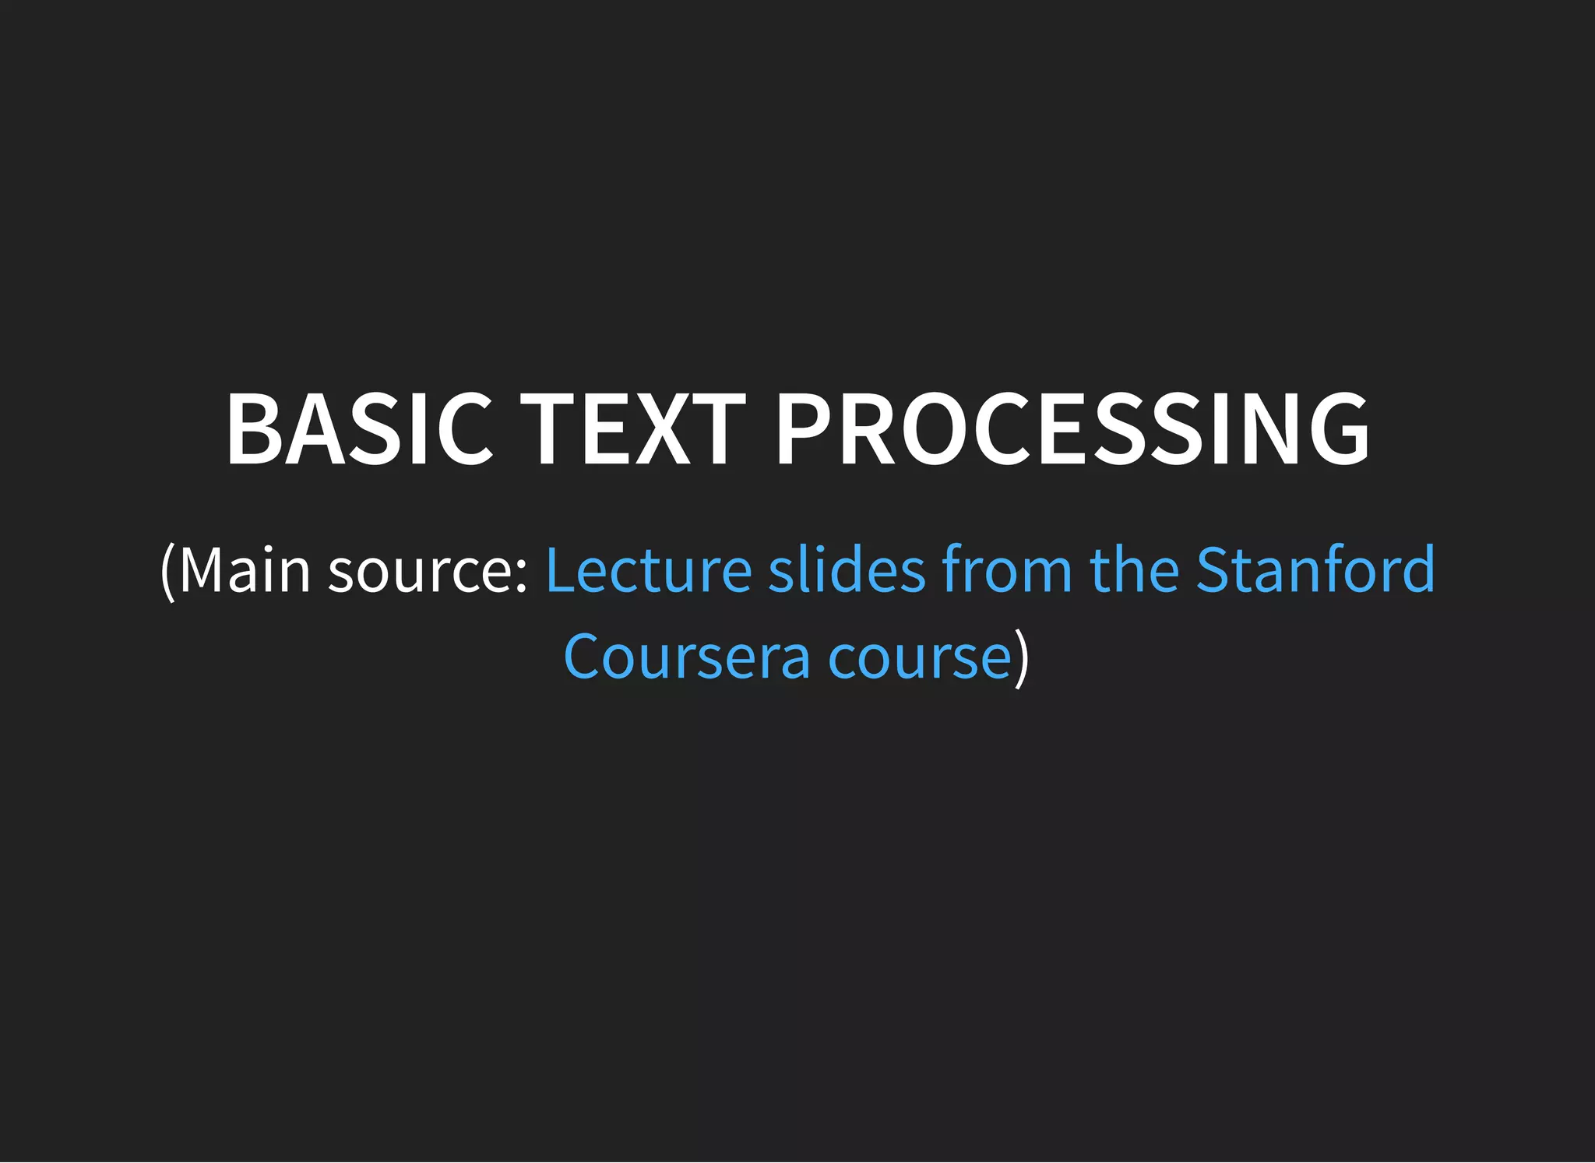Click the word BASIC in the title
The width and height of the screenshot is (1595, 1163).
pyautogui.click(x=359, y=429)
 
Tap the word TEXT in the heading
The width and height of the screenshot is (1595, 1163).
pyautogui.click(x=633, y=429)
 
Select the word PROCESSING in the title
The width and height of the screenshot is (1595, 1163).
pyautogui.click(x=1072, y=429)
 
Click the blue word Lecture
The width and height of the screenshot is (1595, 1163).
pyautogui.click(x=648, y=569)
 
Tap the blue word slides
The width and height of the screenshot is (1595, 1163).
pyautogui.click(x=847, y=569)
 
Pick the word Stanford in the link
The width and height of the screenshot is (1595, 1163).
pyautogui.click(x=1315, y=569)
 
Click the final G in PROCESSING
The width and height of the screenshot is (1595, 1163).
pyautogui.click(x=1338, y=429)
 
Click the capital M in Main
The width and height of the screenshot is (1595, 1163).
pyautogui.click(x=202, y=569)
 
